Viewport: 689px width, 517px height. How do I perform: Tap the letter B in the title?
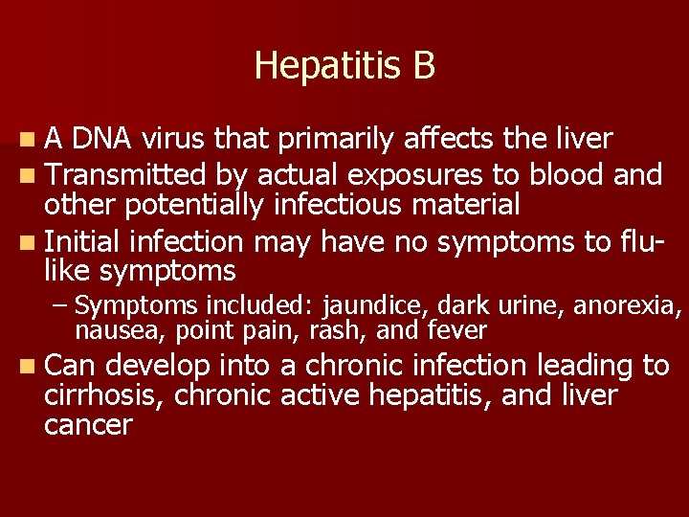point(424,65)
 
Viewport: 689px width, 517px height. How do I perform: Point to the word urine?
point(529,306)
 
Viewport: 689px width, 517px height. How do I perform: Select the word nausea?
point(108,331)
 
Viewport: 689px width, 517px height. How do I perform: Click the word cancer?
point(88,425)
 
